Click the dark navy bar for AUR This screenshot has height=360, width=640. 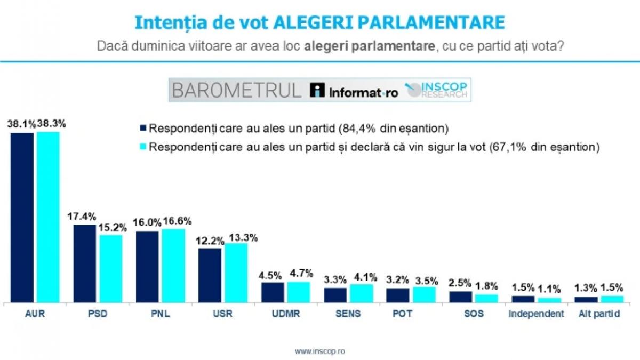coord(22,218)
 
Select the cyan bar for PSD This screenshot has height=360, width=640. coord(110,268)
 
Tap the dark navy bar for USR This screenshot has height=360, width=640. coord(210,275)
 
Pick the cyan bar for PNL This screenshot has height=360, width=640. coord(173,266)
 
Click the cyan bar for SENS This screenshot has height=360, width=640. coord(361,293)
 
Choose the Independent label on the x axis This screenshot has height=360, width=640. coord(536,314)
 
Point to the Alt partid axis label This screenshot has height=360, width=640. coord(599,314)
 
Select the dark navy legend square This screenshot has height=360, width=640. coord(142,128)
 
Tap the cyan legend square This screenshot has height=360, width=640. coord(142,146)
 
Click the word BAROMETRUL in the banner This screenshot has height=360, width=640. coord(237,91)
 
